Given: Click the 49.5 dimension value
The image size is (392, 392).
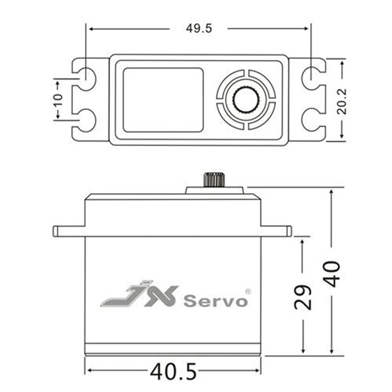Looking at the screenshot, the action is click(x=199, y=28).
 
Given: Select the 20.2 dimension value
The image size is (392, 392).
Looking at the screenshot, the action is click(x=342, y=101).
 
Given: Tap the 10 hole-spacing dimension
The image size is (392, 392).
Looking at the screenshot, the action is click(x=58, y=99).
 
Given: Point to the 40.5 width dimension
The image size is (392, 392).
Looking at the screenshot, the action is click(x=173, y=372).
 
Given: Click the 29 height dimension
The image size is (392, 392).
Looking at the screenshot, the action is click(x=303, y=297).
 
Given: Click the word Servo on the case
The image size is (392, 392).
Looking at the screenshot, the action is click(x=216, y=301).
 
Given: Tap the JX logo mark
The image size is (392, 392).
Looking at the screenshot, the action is click(x=140, y=294).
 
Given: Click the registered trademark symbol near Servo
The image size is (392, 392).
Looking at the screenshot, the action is click(x=248, y=292).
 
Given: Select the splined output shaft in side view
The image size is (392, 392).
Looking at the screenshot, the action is click(x=214, y=179).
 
